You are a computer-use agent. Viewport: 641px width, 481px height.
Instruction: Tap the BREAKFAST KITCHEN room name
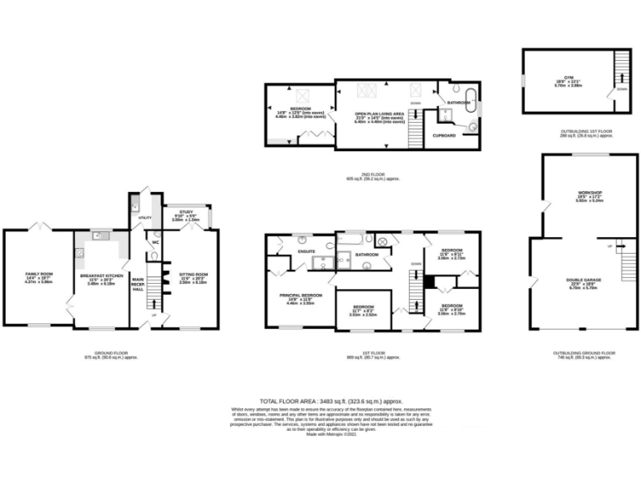pos(101,273)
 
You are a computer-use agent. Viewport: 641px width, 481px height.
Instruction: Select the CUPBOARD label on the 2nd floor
pos(443,134)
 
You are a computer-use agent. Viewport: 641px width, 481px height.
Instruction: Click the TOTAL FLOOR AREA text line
pos(320,402)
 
